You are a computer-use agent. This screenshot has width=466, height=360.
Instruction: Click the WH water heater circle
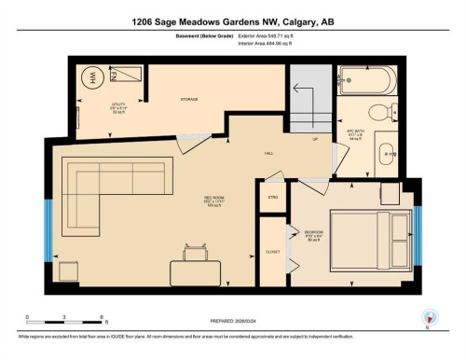(93, 77)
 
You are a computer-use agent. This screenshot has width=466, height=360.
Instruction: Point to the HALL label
(267, 151)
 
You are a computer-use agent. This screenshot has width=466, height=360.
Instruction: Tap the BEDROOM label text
(313, 231)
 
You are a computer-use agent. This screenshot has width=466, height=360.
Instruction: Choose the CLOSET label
(272, 251)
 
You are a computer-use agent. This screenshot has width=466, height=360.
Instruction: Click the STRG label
(273, 198)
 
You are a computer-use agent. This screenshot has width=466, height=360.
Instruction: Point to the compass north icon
(430, 317)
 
